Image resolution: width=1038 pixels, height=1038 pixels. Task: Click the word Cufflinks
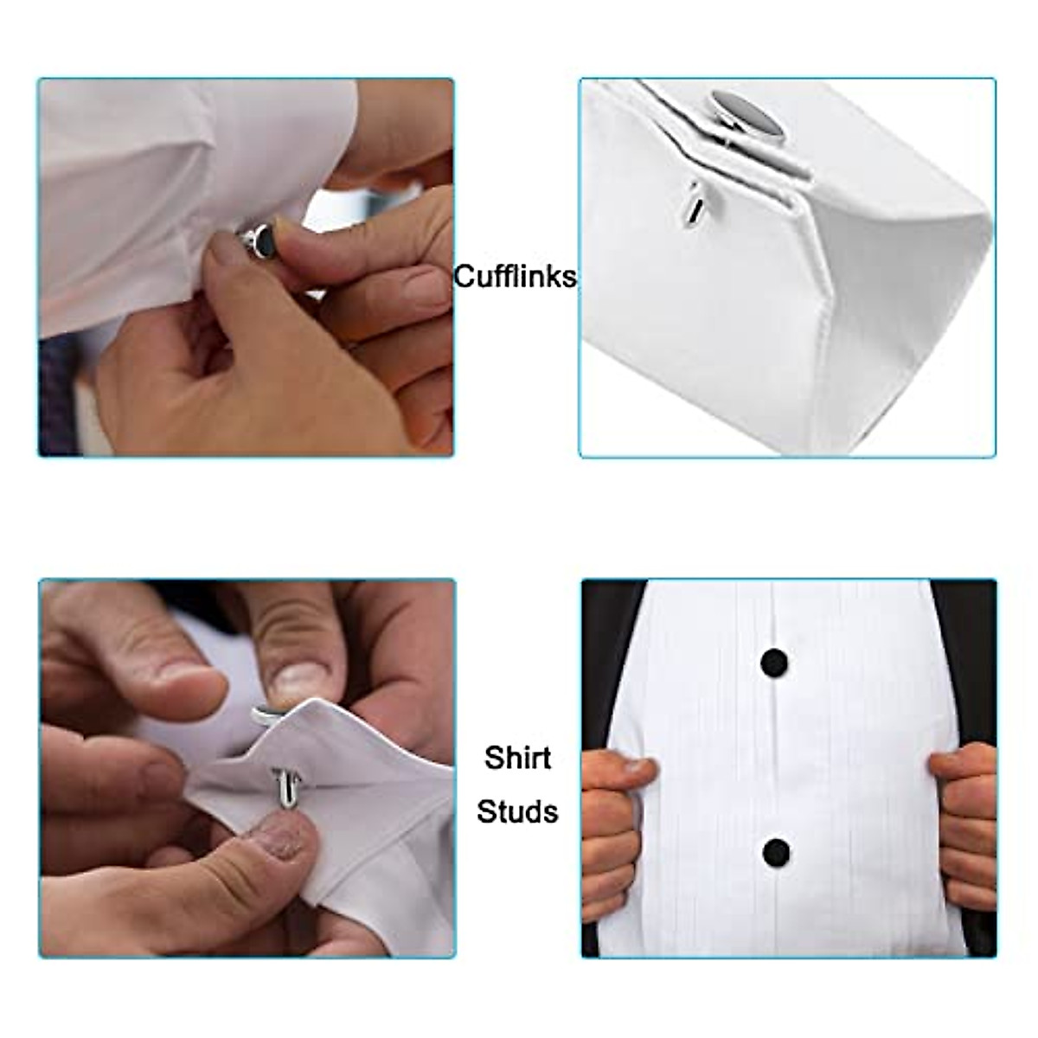[x=515, y=277]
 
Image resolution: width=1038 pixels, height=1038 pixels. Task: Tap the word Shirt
[x=517, y=758]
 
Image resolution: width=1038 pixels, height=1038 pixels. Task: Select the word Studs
[x=517, y=812]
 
